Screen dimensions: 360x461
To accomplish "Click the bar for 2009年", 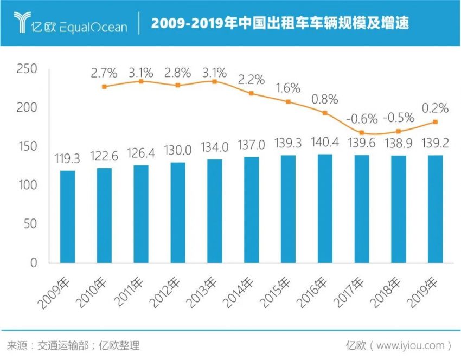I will (x=68, y=217).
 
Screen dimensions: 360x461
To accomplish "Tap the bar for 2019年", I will (x=435, y=209).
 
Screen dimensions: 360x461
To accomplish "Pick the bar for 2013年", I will (x=215, y=211).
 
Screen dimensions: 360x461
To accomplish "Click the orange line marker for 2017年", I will (x=362, y=133).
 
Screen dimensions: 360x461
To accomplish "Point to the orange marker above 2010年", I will (x=104, y=87).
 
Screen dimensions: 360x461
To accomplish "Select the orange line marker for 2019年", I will (x=435, y=122).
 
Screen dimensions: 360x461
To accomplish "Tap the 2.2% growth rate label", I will (x=251, y=80).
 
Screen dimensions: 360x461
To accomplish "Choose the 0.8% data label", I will (x=325, y=99).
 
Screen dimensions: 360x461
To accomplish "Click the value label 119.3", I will (x=68, y=159).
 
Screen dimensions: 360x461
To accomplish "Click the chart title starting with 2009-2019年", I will (x=280, y=24).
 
